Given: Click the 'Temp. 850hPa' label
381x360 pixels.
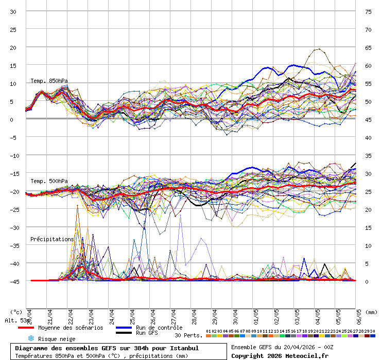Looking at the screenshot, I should click(49, 81).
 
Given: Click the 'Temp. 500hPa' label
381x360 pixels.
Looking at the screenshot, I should click(49, 181).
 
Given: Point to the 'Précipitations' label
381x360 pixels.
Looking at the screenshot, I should click(52, 239).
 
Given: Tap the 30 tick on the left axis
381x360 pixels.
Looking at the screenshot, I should click(13, 11).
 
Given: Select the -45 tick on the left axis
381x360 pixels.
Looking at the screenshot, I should click(13, 281).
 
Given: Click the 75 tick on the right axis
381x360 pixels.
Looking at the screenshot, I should click(368, 11).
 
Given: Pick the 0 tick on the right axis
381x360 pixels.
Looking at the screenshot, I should click(368, 281).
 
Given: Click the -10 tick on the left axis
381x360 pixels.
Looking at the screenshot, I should click(13, 155).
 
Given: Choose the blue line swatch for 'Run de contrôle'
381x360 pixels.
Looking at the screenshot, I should click(123, 328).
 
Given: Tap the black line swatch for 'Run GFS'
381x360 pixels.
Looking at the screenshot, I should click(123, 333).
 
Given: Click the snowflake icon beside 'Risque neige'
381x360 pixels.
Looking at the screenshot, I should click(31, 338).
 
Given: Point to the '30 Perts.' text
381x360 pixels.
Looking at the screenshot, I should click(188, 335).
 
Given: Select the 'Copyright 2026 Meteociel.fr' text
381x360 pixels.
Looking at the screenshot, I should click(280, 355).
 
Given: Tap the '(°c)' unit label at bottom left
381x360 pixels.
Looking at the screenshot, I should click(16, 312).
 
